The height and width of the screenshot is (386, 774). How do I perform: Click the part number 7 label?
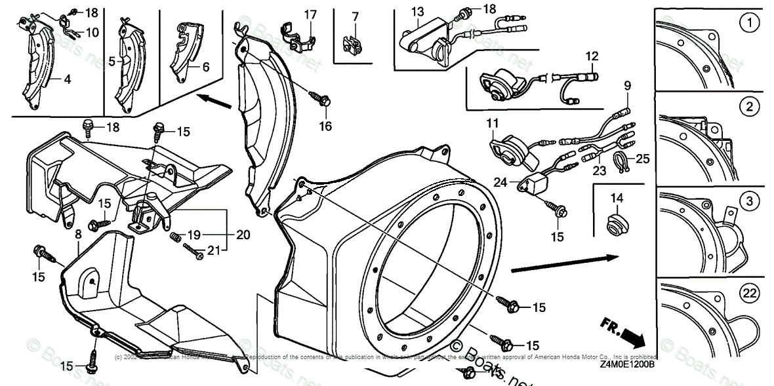(x=355, y=16)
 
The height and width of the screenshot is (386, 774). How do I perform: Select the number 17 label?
(x=310, y=14)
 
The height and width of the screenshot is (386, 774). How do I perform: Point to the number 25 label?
(x=642, y=159)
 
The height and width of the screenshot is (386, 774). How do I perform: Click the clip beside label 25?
(x=621, y=161)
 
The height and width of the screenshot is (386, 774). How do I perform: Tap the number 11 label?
(x=492, y=123)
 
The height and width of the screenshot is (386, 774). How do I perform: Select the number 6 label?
(x=205, y=67)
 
